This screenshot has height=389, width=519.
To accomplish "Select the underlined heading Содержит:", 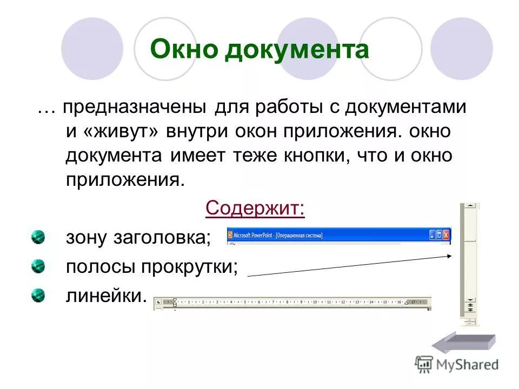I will click(x=255, y=209).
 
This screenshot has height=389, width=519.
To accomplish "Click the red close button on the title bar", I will click(x=446, y=235).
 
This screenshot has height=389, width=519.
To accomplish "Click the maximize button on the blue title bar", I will click(x=439, y=235).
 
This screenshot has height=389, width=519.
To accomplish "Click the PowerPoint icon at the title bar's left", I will click(x=230, y=235).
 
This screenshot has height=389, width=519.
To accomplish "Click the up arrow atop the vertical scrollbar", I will click(x=470, y=206).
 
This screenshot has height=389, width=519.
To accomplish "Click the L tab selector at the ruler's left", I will click(x=158, y=302).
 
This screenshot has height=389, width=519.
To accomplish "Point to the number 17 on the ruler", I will click(x=414, y=301).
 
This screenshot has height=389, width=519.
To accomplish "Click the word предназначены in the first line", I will click(x=134, y=107).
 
